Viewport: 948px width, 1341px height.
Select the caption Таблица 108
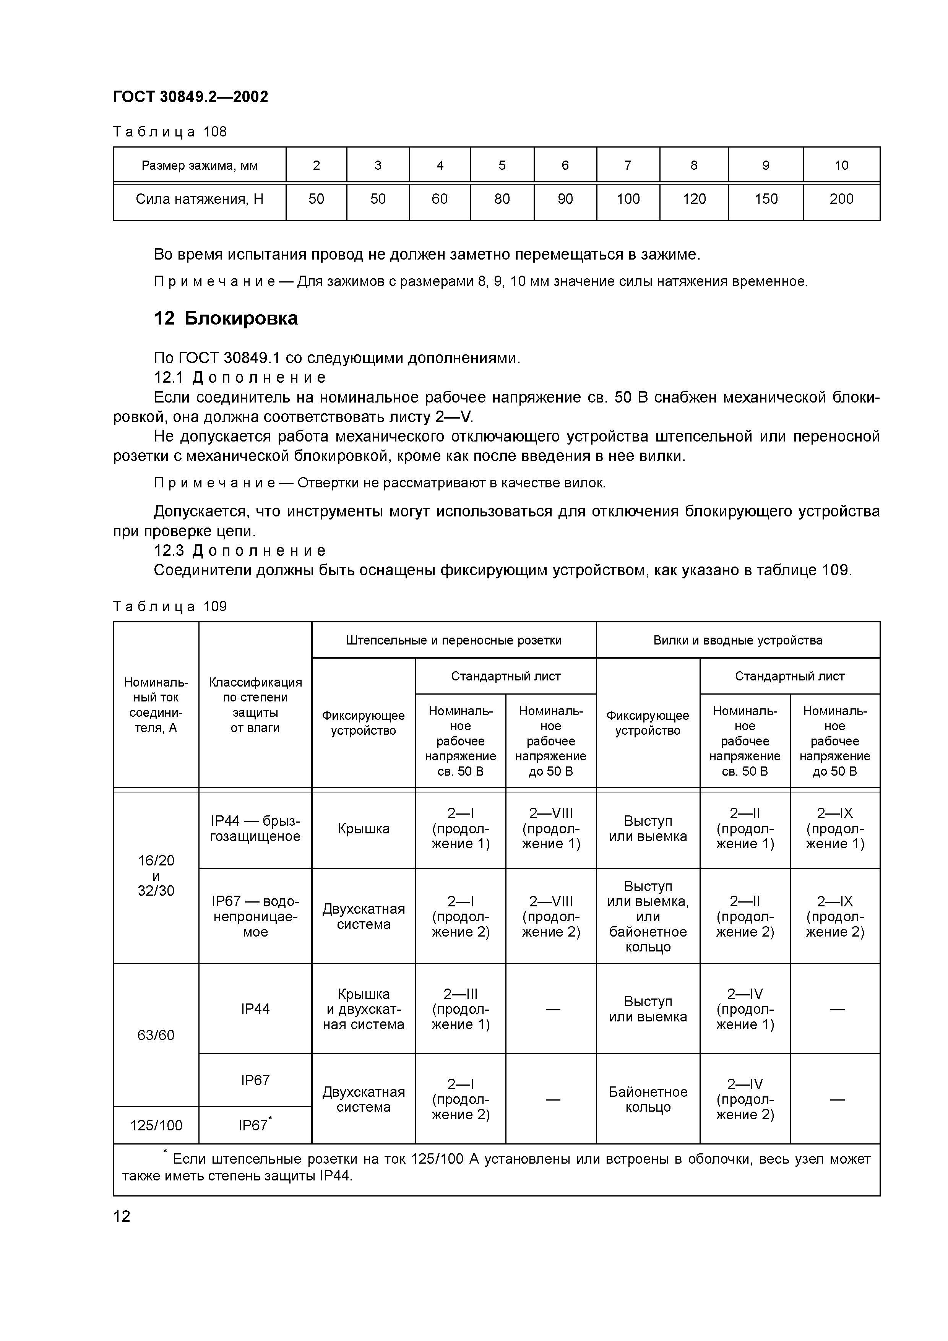169,132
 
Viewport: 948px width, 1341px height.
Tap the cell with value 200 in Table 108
841,199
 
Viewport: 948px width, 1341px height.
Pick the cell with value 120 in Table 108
694,199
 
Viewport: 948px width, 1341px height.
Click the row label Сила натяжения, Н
199,199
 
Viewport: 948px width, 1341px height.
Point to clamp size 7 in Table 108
628,165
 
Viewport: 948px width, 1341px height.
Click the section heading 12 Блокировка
226,318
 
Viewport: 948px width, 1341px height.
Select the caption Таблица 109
169,607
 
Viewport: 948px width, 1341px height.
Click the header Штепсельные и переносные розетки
453,640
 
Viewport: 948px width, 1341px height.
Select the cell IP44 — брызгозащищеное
255,829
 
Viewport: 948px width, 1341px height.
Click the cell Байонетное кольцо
648,1100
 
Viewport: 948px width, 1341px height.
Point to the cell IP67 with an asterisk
255,1125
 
